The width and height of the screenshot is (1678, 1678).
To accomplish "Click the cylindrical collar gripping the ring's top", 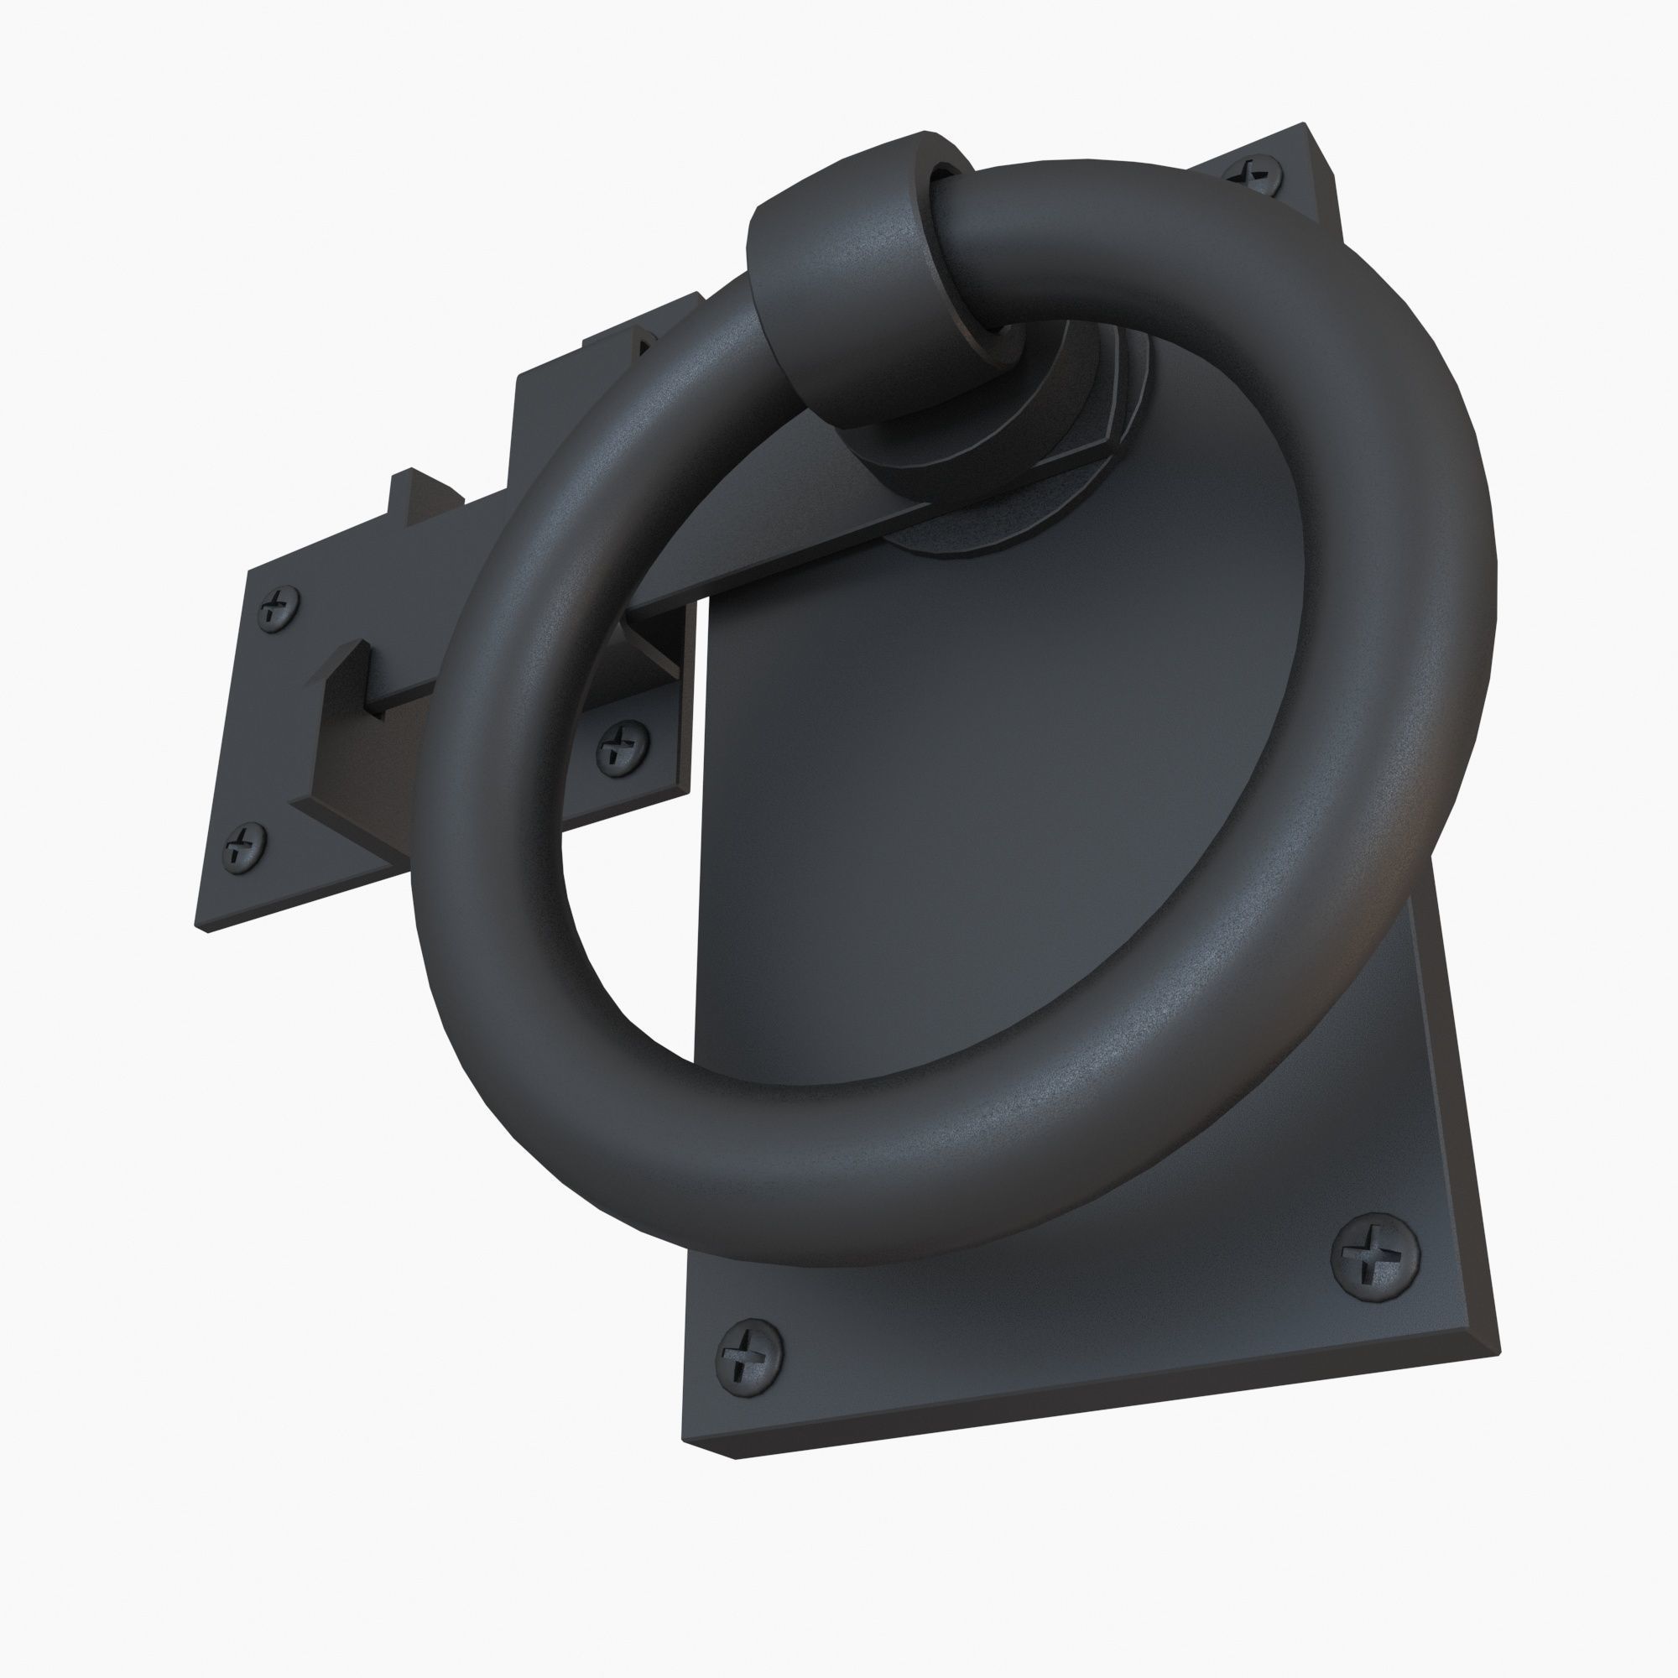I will tap(856, 287).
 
